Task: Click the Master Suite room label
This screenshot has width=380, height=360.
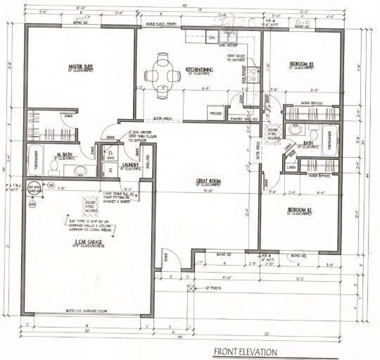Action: coord(82,68)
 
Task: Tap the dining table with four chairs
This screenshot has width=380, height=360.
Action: coord(163,72)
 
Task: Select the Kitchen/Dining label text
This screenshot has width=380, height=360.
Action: coord(200,70)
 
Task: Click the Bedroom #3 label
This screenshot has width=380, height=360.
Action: coord(302,65)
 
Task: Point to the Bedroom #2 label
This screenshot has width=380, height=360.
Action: coord(302,211)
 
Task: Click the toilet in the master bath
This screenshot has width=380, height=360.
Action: coord(53,166)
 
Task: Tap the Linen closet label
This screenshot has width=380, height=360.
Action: coord(292,168)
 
